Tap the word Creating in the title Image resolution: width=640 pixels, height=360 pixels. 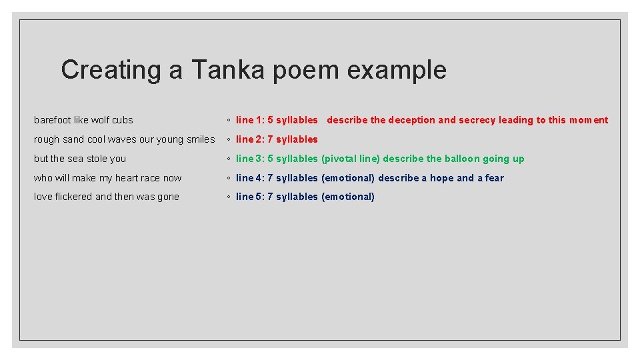pyautogui.click(x=111, y=69)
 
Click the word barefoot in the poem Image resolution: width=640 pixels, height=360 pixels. pyautogui.click(x=53, y=120)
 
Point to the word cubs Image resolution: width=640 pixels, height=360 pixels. pyautogui.click(x=123, y=120)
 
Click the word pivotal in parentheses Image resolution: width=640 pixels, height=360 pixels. pyautogui.click(x=342, y=159)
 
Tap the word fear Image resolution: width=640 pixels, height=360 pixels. pyautogui.click(x=495, y=178)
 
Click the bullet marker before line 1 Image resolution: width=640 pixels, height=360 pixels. pyautogui.click(x=228, y=121)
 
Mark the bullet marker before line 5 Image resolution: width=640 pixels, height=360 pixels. pyautogui.click(x=228, y=197)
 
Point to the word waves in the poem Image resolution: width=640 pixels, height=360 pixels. pyautogui.click(x=122, y=139)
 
